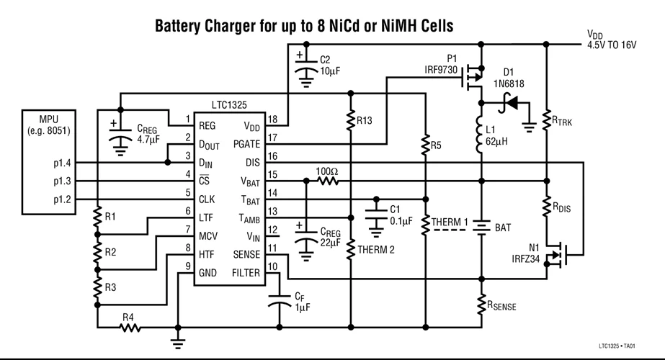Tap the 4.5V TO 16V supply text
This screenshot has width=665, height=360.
tap(612, 45)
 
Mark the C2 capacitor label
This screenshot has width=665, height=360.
tap(326, 59)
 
